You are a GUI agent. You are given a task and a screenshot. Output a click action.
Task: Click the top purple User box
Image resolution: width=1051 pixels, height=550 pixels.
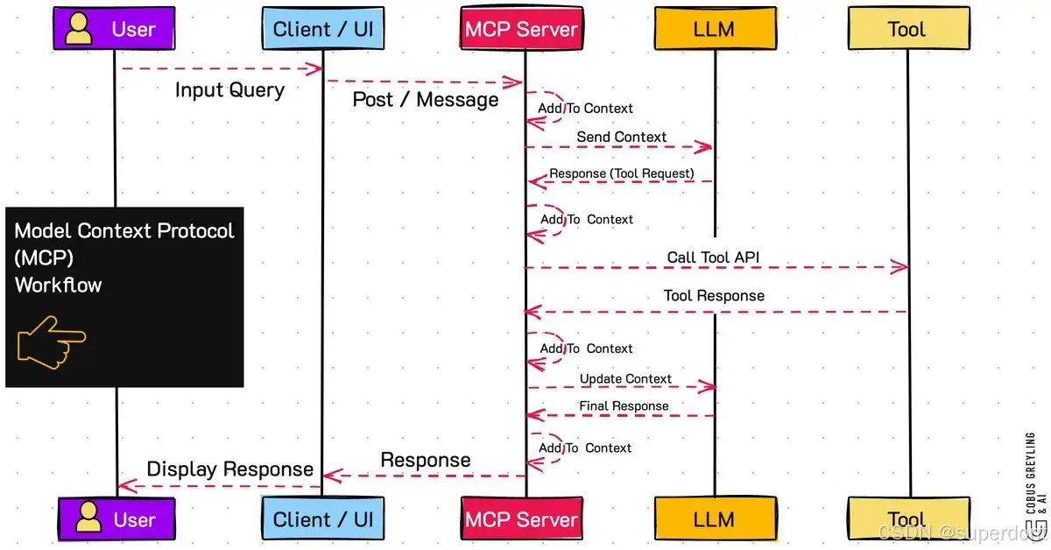click(x=116, y=30)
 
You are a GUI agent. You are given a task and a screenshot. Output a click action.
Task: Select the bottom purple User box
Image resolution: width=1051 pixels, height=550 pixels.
click(x=116, y=518)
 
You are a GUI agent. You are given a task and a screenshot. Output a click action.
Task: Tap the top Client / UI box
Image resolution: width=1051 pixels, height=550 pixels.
click(x=322, y=30)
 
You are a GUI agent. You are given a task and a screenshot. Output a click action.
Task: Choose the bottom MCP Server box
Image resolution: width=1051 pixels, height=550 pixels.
click(x=522, y=518)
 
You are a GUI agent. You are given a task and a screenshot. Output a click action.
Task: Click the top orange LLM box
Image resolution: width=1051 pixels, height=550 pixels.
click(x=715, y=30)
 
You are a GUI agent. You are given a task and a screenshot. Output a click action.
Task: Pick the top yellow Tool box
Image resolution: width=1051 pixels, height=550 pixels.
click(x=906, y=30)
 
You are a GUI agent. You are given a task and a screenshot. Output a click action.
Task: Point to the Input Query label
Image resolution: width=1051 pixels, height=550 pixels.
click(x=229, y=90)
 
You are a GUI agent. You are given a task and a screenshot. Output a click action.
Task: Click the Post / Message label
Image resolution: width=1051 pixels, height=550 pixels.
click(x=425, y=100)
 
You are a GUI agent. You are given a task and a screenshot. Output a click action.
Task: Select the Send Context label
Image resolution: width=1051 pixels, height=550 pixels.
click(x=621, y=137)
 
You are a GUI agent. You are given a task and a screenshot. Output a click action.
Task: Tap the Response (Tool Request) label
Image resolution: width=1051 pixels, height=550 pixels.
click(x=621, y=173)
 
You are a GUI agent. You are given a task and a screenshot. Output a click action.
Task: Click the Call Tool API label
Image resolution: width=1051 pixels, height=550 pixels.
click(x=713, y=257)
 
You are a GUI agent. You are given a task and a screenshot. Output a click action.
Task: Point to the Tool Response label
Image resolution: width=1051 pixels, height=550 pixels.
click(x=713, y=296)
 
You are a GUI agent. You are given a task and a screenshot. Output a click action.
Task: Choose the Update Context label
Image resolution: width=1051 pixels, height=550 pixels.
click(x=624, y=379)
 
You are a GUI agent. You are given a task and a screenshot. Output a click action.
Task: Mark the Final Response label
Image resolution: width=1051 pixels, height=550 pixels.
click(x=623, y=406)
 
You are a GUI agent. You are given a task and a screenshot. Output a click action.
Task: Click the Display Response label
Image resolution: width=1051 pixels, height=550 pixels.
click(x=229, y=469)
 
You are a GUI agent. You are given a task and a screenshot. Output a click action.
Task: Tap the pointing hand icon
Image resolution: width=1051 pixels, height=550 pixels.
click(x=51, y=342)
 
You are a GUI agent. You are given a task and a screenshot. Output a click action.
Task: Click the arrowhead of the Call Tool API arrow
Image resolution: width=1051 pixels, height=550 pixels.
click(x=900, y=267)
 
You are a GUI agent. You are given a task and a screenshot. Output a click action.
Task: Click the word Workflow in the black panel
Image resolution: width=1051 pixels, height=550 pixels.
click(x=58, y=285)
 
